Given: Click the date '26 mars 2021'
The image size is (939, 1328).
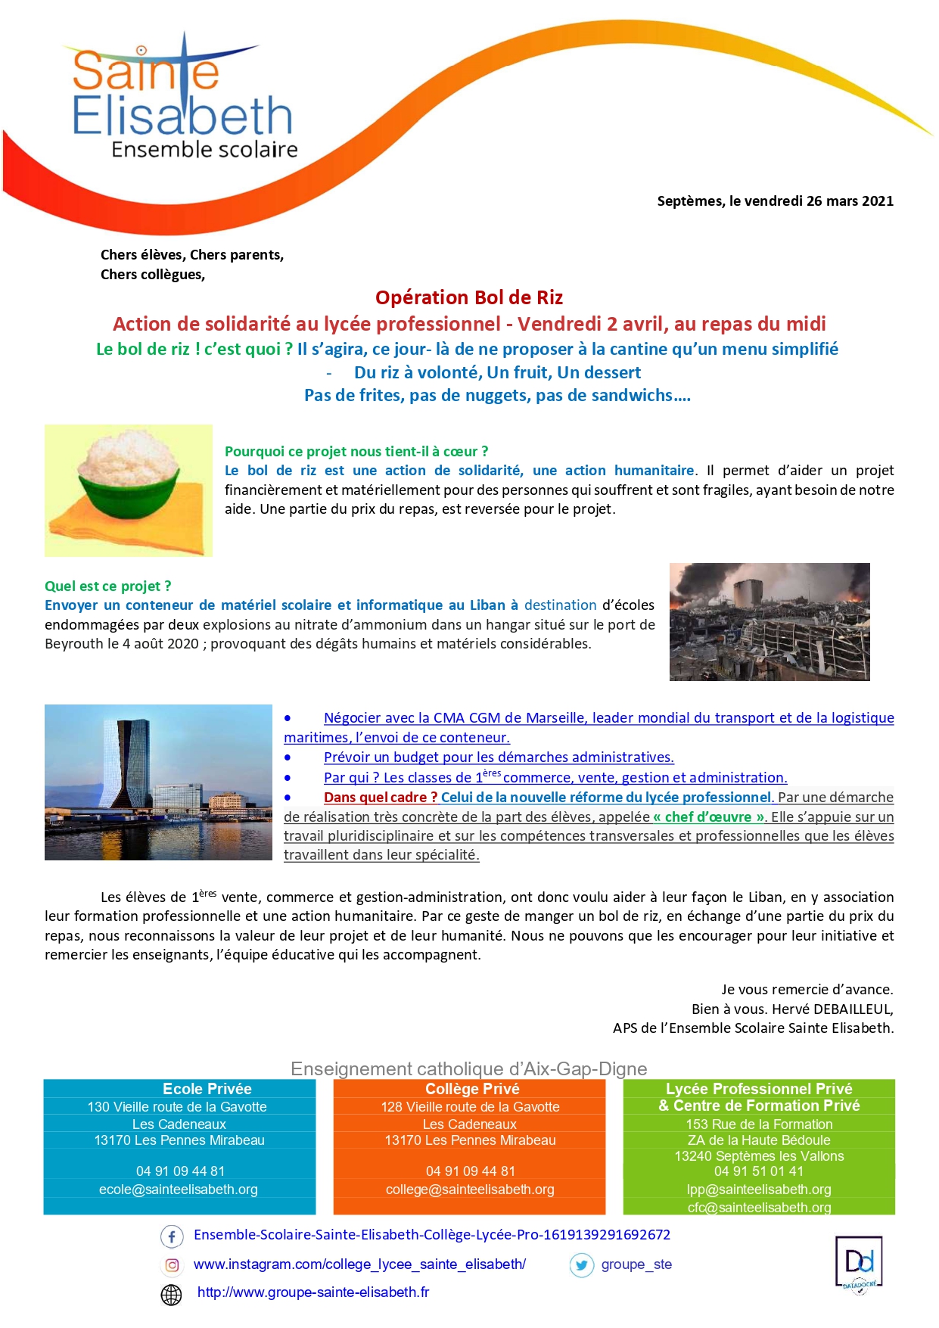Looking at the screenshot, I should pos(850,201).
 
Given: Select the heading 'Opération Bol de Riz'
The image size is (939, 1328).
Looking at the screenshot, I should pos(469,297).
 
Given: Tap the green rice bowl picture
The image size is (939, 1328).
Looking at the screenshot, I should pos(129,490).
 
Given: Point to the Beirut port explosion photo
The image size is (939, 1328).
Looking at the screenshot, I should pos(770,621).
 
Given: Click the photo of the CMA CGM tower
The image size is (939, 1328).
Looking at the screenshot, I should pos(158,782).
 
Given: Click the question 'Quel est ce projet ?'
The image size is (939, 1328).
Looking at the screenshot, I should pos(108,586).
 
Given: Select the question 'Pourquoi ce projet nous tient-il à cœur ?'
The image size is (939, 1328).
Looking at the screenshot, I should pos(356,452).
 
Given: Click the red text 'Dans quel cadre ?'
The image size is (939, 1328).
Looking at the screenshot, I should pos(381,798).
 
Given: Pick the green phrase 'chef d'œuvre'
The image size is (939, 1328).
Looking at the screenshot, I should pos(708,817).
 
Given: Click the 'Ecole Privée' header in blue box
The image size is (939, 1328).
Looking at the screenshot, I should pos(207,1089).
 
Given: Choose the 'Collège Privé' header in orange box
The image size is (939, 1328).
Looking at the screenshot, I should pos(472,1089).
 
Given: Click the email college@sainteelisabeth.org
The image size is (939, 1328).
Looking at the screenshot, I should pos(470,1190).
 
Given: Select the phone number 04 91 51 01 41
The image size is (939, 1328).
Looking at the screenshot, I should pos(759,1171).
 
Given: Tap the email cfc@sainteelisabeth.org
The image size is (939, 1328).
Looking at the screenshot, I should pos(759,1208).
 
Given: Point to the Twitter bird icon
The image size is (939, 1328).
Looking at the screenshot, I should pos(581,1265).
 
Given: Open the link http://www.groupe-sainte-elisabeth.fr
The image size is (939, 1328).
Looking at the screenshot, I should pos(313,1292).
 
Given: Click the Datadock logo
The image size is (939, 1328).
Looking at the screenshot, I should pos(859,1262).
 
